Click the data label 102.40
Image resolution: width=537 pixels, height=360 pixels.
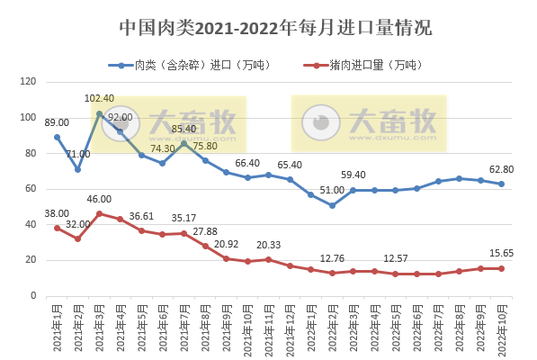[x=99, y=99]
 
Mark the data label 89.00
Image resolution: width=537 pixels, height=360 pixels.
[x=57, y=122]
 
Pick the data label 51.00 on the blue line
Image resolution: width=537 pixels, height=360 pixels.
[x=332, y=191]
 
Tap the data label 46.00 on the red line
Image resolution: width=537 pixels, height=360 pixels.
[x=99, y=199]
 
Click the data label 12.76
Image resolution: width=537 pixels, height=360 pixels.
[x=332, y=257]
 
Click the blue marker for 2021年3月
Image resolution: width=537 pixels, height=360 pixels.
[x=99, y=113]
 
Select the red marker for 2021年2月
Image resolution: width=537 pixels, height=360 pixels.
[x=78, y=238]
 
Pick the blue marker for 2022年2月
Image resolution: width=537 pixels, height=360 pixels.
[x=332, y=205]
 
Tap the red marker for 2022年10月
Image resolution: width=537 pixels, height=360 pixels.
[x=501, y=268]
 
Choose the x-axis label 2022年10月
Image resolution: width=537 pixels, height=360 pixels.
[x=501, y=328]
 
